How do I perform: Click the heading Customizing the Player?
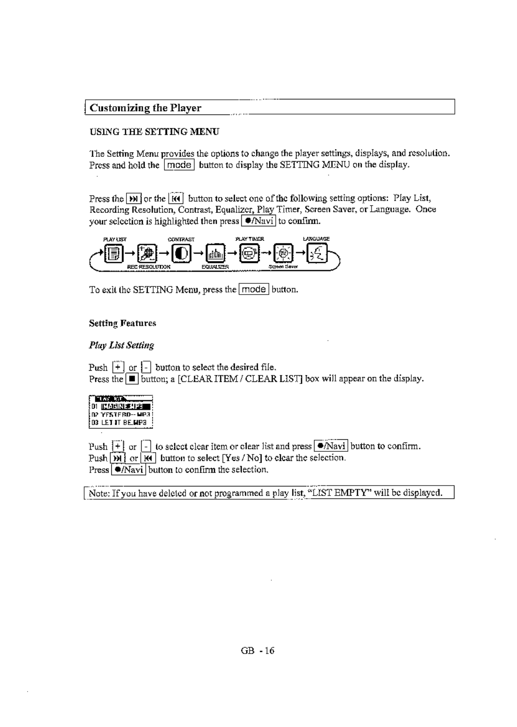(145, 108)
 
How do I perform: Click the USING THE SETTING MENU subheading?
(154, 132)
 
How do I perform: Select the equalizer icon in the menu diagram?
(215, 254)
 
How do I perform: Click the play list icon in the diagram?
(114, 254)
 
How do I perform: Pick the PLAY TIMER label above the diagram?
(249, 239)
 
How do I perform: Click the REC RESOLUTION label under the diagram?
(148, 267)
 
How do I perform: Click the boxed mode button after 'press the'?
(254, 289)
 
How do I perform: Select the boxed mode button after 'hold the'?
(179, 165)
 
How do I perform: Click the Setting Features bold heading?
(123, 323)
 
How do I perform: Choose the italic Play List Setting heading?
(121, 345)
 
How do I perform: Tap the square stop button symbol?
(132, 379)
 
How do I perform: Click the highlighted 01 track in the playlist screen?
(125, 406)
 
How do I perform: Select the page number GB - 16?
(258, 651)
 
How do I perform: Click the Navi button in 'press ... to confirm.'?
(258, 221)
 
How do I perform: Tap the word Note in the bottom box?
(98, 493)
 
